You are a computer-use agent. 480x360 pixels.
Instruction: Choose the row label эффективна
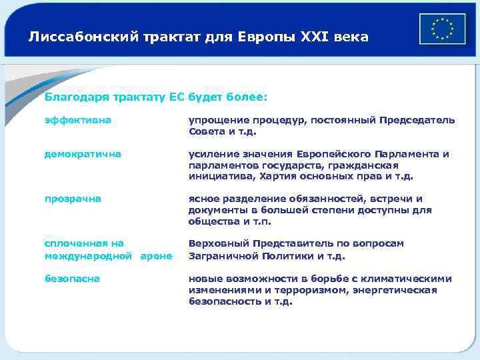[78, 120]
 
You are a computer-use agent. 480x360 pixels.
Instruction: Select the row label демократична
[83, 154]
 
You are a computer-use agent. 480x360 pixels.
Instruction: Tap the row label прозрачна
[73, 199]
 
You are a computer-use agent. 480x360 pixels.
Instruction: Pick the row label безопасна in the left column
[72, 279]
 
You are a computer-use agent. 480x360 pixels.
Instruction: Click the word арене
[158, 256]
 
